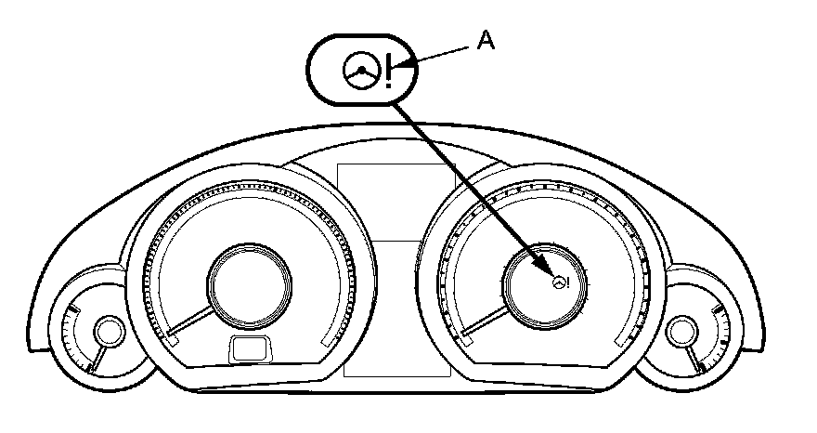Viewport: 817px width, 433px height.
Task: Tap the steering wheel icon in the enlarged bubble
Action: (x=359, y=70)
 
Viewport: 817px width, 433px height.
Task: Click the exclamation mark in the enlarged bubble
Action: (x=389, y=72)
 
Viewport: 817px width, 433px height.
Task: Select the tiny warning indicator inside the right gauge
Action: (x=560, y=283)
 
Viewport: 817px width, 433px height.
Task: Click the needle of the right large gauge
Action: (x=486, y=323)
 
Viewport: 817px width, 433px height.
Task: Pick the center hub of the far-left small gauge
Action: (x=109, y=330)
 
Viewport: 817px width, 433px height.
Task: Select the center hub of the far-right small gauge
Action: (x=682, y=330)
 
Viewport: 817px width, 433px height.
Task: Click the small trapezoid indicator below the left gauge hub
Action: (x=249, y=348)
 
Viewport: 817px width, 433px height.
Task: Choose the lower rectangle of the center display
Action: (x=397, y=307)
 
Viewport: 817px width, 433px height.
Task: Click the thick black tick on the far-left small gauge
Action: (x=90, y=368)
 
